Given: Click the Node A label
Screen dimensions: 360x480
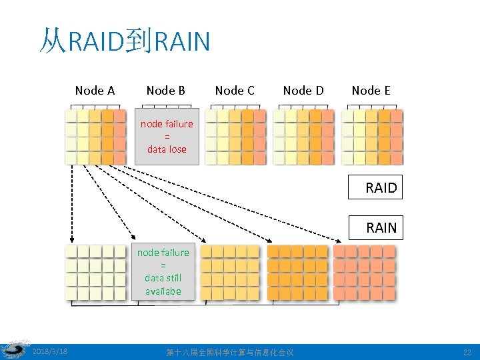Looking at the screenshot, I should coord(95,91).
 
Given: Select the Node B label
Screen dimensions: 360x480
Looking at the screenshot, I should coord(165,91).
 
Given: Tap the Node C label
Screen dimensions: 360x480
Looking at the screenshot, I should coord(235,91).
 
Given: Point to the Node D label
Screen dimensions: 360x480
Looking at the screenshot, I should coord(303,91).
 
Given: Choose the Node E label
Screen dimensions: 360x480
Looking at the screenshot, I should coord(371,91).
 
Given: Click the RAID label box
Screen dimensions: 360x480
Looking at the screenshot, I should coord(375,188).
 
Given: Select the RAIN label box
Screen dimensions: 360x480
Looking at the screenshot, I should coord(375,228).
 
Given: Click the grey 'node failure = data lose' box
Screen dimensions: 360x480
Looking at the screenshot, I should coord(167,137).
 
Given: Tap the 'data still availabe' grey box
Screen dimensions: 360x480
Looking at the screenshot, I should coord(163,271).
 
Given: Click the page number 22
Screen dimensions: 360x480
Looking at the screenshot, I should coord(466,352).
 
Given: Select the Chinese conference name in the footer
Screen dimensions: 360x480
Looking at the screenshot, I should coord(229,352).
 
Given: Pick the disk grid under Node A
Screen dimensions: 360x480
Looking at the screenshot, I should coord(95,137).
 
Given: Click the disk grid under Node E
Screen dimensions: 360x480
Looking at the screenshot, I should coord(371,137).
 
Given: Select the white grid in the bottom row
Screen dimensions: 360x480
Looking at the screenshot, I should coord(95,272).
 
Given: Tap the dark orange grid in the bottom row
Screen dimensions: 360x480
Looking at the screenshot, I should coord(297,272).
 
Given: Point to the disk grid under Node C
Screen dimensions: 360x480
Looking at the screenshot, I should coord(235,137).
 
